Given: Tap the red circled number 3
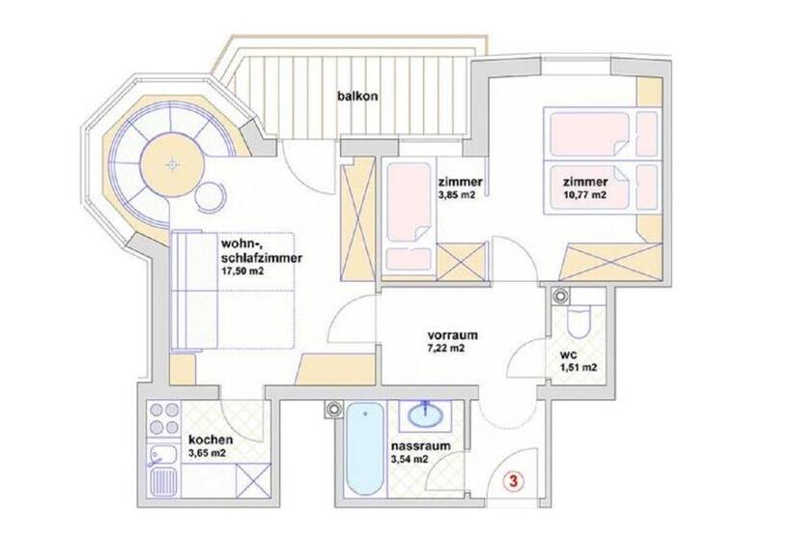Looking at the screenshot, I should pyautogui.click(x=515, y=479).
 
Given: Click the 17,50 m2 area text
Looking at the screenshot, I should pyautogui.click(x=242, y=272).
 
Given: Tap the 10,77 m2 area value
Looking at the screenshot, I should pyautogui.click(x=584, y=195).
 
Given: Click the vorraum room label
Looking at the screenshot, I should pyautogui.click(x=453, y=335).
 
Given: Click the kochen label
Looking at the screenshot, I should pyautogui.click(x=211, y=438).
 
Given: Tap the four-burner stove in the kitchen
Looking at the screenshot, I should pyautogui.click(x=165, y=418).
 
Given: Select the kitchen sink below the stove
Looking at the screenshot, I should pyautogui.click(x=161, y=476).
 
